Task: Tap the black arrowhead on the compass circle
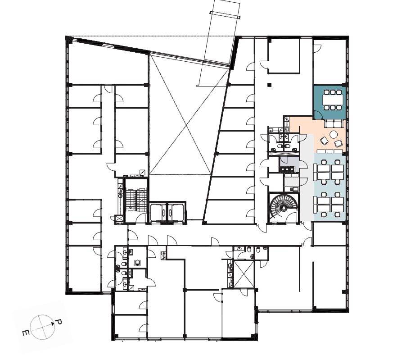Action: point(53,324)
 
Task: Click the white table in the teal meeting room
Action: point(332,100)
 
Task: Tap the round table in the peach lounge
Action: point(334,134)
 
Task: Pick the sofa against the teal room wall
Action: point(334,123)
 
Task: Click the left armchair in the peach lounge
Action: point(324,140)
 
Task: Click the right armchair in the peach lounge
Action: point(339,143)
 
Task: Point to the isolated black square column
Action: point(269,85)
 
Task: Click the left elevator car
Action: point(159,213)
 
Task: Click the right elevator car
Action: point(176,213)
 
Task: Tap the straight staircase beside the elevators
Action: point(136,200)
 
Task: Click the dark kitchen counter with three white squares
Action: point(287,169)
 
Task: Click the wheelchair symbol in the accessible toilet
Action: point(138,262)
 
